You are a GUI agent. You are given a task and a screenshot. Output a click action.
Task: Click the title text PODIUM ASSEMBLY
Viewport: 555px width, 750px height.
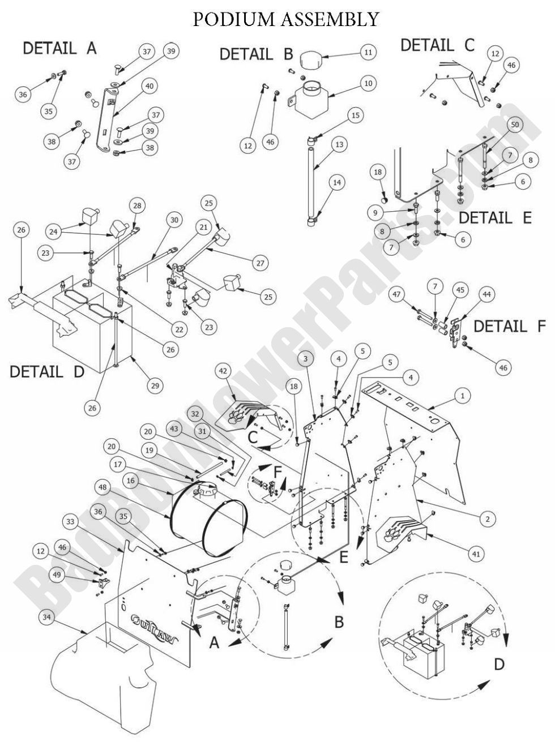(x=285, y=19)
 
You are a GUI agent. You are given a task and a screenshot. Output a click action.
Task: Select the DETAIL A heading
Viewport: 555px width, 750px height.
(x=59, y=49)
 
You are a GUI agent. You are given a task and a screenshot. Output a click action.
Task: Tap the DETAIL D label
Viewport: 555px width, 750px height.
(x=47, y=372)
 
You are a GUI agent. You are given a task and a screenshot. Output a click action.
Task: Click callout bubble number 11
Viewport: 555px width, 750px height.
(x=368, y=52)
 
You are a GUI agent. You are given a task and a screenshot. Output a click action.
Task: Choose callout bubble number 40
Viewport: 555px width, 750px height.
(x=150, y=87)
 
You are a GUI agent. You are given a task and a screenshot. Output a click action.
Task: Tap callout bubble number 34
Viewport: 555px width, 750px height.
(x=48, y=616)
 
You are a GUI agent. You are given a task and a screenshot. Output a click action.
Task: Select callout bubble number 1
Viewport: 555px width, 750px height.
(x=462, y=396)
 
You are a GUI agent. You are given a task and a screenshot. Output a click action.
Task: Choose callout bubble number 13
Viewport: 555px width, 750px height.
(x=339, y=145)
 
